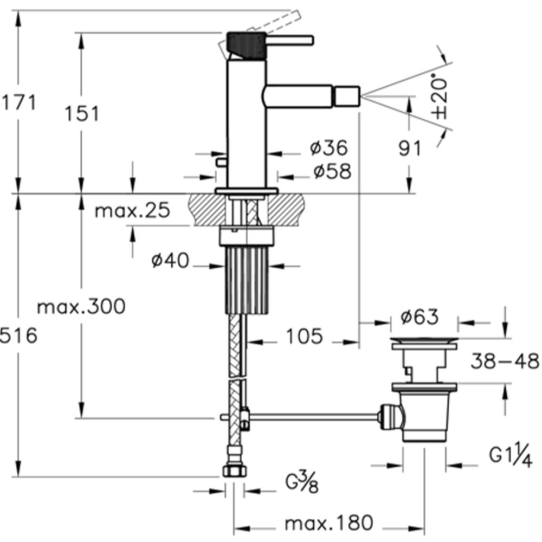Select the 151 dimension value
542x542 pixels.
[x=82, y=113]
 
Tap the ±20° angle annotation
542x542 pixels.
[x=440, y=98]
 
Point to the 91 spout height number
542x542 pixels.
[x=410, y=149]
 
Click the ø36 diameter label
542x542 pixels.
[x=329, y=147]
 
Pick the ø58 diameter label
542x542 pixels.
[x=332, y=171]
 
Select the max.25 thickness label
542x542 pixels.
[x=132, y=210]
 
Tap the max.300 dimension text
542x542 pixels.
[x=81, y=306]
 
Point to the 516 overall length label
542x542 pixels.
[x=18, y=335]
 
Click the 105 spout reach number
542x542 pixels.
[x=305, y=336]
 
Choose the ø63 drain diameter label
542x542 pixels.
[x=420, y=317]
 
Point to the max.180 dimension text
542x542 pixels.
[x=329, y=523]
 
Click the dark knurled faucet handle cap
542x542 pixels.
[x=247, y=46]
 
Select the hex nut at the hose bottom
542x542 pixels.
[x=235, y=471]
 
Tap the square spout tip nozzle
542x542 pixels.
[x=347, y=96]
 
